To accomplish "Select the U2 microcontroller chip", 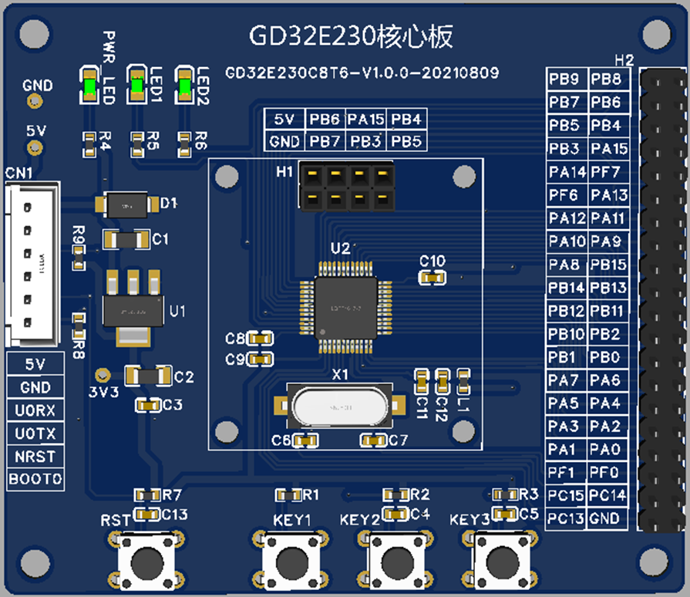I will pos(345,305).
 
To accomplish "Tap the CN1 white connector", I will pos(29,264).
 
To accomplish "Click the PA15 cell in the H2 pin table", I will pos(609,148).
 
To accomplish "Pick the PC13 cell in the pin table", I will pos(567,518).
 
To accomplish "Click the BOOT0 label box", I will pos(35,479).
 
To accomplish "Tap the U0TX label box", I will pos(35,433).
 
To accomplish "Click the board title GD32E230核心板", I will pos(350,36).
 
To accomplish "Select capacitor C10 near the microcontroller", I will pos(433,277).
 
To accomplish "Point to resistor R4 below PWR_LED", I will pos(90,140).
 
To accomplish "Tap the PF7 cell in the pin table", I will pos(609,171).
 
